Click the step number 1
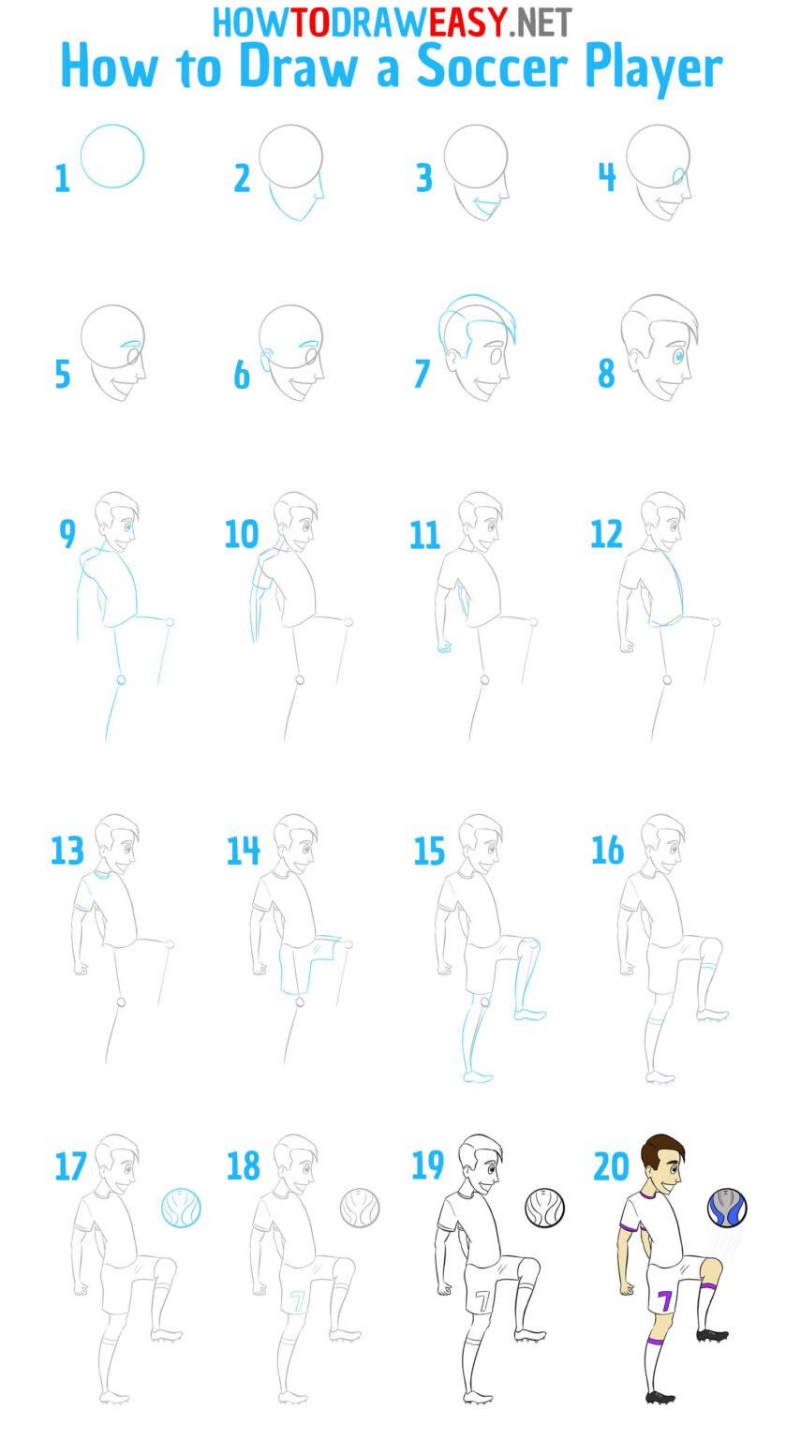click(62, 178)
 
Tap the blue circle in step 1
click(112, 156)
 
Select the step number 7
click(422, 374)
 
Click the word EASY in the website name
click(467, 22)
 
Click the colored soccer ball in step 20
click(727, 1208)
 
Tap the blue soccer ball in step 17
click(182, 1208)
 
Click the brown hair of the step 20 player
click(663, 1150)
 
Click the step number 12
click(606, 534)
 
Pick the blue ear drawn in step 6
click(267, 361)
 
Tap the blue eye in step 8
click(679, 357)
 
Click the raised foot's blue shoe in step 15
click(530, 1014)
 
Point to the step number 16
click(607, 851)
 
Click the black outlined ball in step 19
click(544, 1208)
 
